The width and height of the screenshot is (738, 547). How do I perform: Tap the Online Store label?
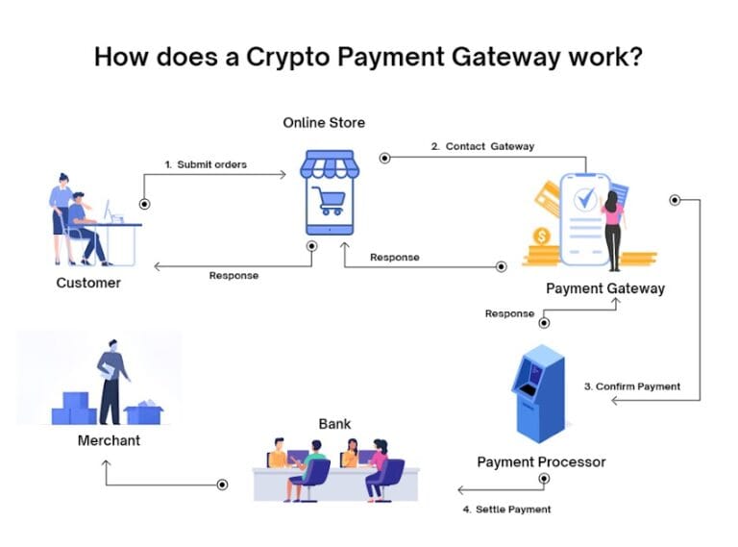click(324, 123)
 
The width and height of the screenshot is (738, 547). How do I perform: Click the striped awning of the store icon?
click(330, 165)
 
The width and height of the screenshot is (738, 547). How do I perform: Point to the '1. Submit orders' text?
click(205, 164)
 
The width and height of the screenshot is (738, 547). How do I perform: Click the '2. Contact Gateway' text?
click(482, 146)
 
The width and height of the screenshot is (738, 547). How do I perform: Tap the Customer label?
click(88, 283)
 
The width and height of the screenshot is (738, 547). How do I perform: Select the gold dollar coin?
click(542, 236)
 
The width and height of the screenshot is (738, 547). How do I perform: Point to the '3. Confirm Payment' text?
click(632, 386)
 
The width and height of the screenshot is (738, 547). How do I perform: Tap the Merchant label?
click(109, 440)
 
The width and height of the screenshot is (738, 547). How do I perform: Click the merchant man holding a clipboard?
click(112, 380)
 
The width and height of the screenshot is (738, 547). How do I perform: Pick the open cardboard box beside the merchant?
click(144, 411)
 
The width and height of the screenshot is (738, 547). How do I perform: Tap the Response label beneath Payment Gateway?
click(509, 313)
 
